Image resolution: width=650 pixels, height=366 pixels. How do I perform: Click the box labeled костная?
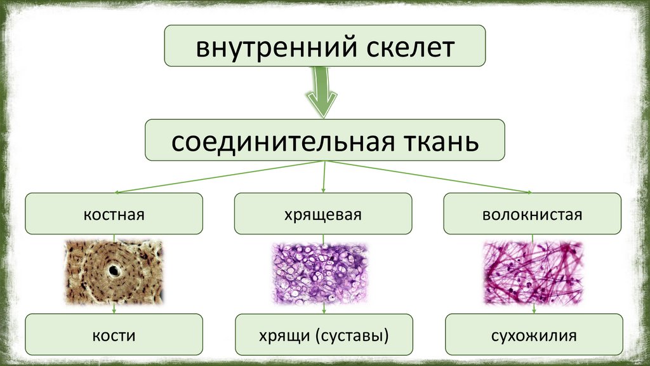coord(114,214)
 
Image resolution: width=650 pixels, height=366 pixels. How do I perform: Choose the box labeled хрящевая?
coord(323,214)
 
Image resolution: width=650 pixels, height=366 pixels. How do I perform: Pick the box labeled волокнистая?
coord(532,214)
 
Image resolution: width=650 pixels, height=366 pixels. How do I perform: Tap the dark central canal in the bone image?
coord(114,271)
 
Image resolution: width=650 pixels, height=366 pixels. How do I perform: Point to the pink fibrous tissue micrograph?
coord(533,272)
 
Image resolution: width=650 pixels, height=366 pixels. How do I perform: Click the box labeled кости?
coord(114,334)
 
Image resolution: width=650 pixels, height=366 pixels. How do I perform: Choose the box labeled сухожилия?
coord(533,334)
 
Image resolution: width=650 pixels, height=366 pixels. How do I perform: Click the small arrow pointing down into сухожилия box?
coord(533,309)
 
